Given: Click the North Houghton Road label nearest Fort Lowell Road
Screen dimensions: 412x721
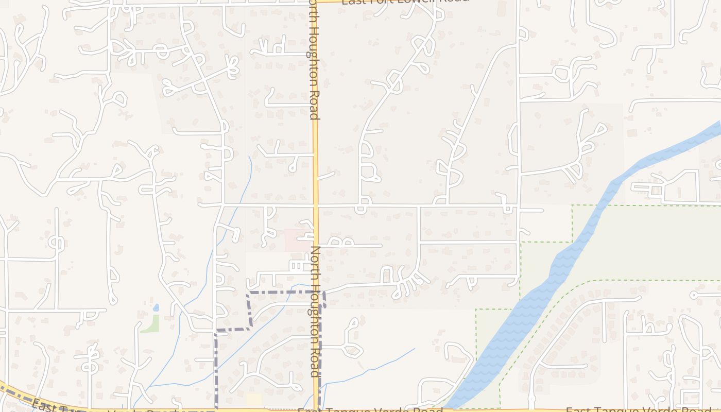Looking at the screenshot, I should [x=313, y=59].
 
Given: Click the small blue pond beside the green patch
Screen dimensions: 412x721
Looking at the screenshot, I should [x=156, y=307].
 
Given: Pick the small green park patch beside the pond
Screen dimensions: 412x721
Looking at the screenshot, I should [x=151, y=324].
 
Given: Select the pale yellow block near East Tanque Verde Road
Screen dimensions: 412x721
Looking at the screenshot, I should [x=254, y=400].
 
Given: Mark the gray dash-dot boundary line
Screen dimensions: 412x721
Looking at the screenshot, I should [x=283, y=292].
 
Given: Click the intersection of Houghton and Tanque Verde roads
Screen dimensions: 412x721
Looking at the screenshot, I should [x=316, y=409].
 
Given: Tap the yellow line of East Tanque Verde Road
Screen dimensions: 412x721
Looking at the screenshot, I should [x=489, y=410].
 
